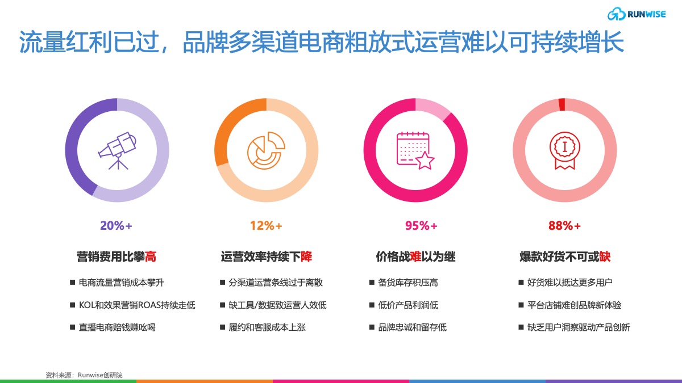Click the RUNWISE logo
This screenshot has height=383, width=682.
(637, 14)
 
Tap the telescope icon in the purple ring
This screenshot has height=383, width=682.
(117, 150)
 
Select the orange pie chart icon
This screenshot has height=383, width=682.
(266, 150)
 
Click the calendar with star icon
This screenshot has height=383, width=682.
(415, 151)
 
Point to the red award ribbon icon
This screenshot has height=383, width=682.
(565, 150)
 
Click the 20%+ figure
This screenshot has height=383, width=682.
(116, 226)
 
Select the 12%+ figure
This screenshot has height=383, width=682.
(266, 226)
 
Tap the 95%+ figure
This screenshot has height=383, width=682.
(421, 226)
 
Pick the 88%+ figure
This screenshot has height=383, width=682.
(564, 226)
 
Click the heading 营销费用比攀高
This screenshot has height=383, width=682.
(117, 256)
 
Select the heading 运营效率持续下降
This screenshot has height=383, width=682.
(267, 256)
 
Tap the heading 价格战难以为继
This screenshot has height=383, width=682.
(415, 256)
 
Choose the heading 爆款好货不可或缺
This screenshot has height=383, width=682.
(565, 256)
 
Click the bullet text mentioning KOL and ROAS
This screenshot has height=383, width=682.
(137, 305)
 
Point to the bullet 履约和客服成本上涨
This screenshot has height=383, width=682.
(267, 327)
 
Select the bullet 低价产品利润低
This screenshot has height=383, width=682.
(408, 305)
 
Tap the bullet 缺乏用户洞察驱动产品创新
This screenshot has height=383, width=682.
(579, 327)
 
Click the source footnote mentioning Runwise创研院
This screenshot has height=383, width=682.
(84, 375)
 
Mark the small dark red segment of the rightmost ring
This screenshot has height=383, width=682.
(562, 104)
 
